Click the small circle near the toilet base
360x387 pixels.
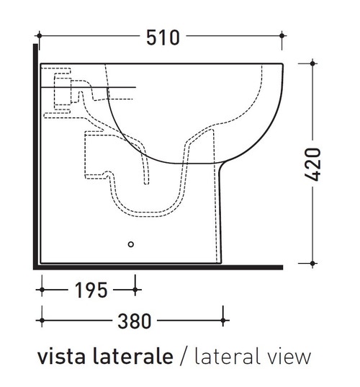[131, 244]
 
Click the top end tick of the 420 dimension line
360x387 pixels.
[312, 63]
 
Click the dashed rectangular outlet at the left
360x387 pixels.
[94, 154]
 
